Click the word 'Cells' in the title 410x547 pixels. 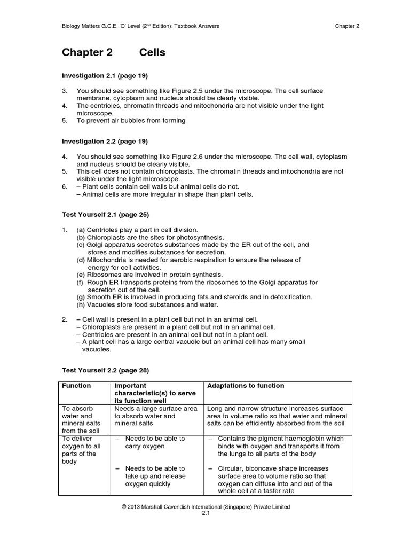pyautogui.click(x=152, y=52)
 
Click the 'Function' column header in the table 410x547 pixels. pyautogui.click(x=77, y=386)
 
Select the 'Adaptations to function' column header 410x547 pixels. pyautogui.click(x=246, y=386)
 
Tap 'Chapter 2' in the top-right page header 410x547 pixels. pyautogui.click(x=347, y=26)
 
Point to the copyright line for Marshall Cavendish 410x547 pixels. pyautogui.click(x=206, y=506)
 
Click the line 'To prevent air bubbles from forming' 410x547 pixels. pyautogui.click(x=131, y=121)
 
